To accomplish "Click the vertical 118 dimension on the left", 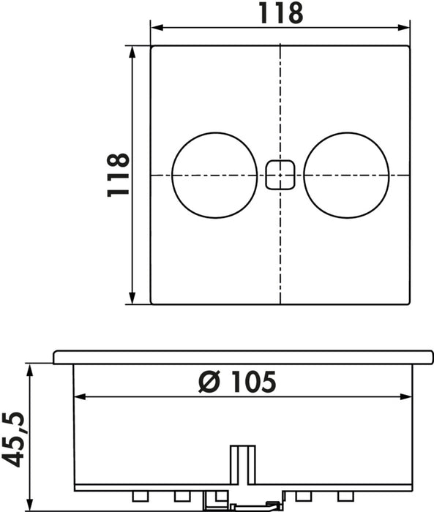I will point(117,175).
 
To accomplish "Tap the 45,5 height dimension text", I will point(14,439).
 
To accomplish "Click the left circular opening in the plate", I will point(214,175).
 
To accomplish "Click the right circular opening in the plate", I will point(346,175).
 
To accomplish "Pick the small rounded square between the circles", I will point(280,176).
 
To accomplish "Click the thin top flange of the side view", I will point(242,357).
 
